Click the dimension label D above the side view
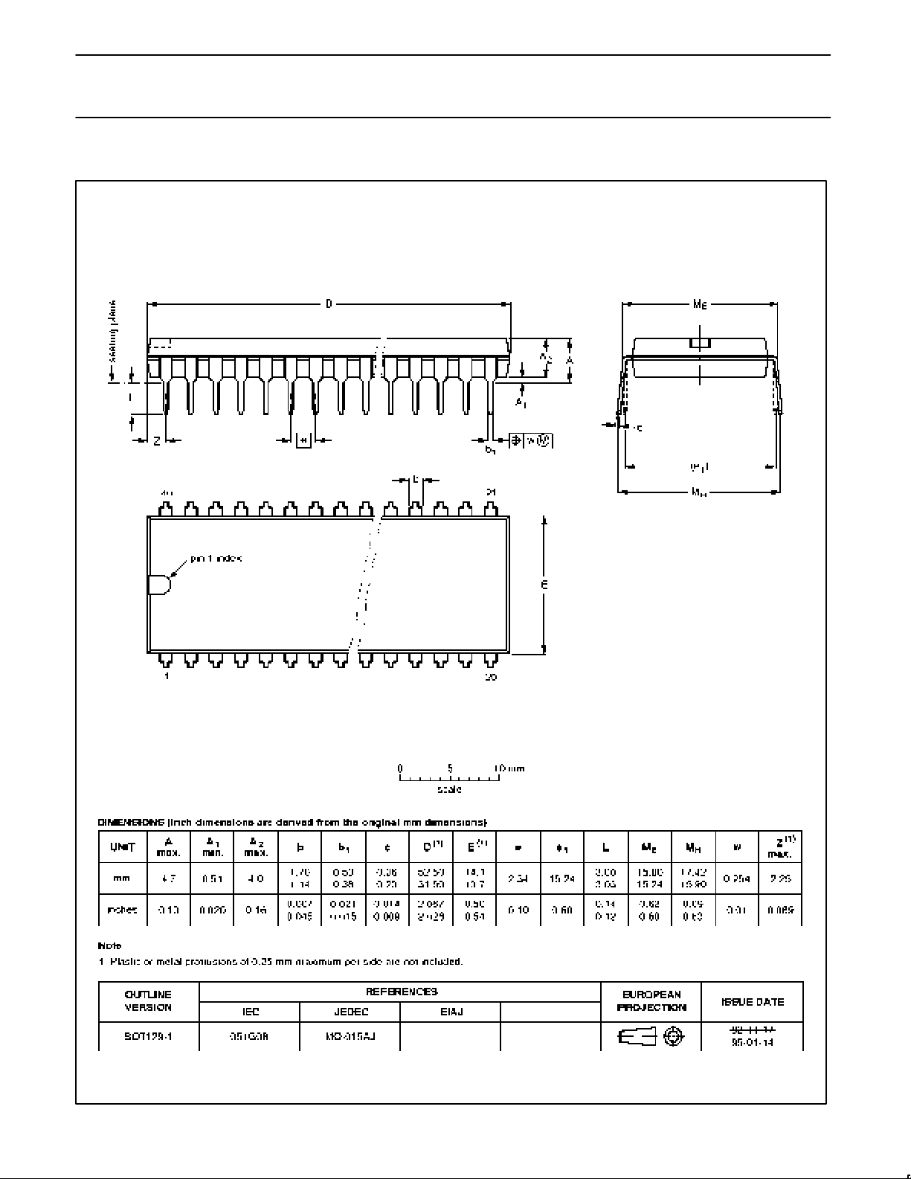tap(329, 303)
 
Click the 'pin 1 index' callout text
tap(216, 558)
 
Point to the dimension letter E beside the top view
tap(544, 585)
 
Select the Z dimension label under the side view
tap(157, 441)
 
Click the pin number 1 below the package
tap(167, 676)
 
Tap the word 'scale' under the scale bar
tap(449, 789)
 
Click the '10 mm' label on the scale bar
tap(509, 768)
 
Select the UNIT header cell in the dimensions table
tap(123, 846)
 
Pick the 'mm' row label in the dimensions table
tap(121, 878)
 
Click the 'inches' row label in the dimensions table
tap(122, 910)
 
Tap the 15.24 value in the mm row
tap(562, 878)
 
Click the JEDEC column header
tap(350, 1012)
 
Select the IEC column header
tap(250, 1012)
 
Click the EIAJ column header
tap(451, 1012)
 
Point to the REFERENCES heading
tap(400, 992)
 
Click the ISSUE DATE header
tap(753, 1001)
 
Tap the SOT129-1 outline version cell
tap(149, 1035)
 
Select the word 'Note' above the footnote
tap(109, 945)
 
